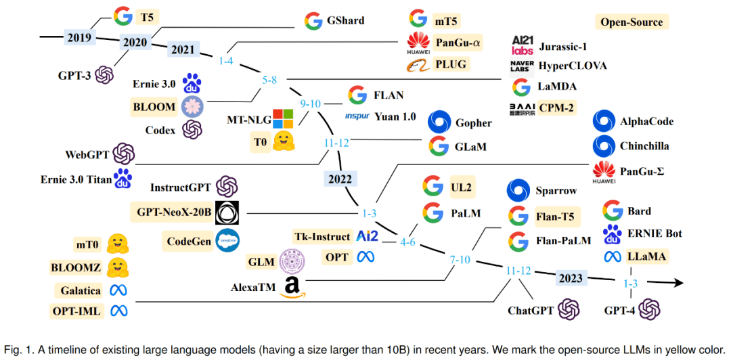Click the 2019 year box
pos(80,36)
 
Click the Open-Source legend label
pos(632,22)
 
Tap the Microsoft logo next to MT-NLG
pos(281,119)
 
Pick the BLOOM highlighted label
pos(155,106)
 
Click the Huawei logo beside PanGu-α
pos(418,42)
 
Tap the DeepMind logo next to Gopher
pos(439,123)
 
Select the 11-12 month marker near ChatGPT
pos(519,271)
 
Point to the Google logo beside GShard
pos(313,20)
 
